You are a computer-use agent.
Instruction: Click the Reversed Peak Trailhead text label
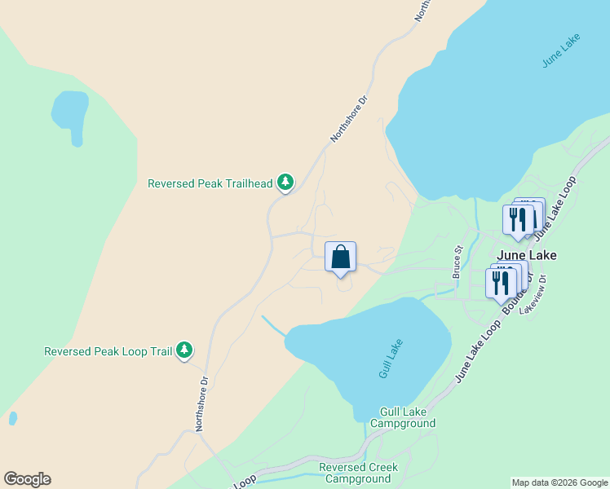210,183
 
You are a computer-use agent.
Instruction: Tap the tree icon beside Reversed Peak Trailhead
285,182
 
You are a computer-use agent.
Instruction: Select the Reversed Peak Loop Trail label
108,351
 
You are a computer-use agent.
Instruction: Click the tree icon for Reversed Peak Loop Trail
185,350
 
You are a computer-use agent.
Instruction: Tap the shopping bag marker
341,257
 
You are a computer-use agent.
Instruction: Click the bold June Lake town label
526,255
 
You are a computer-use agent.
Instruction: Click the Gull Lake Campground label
402,418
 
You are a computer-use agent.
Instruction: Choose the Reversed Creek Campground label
358,473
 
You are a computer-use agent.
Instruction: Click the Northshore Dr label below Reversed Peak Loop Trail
201,403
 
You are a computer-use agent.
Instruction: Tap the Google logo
27,478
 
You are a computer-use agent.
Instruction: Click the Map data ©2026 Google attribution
560,482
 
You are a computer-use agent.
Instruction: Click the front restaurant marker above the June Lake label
518,220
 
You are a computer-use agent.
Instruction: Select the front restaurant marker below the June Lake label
499,284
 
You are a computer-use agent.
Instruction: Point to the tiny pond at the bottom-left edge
12,418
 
